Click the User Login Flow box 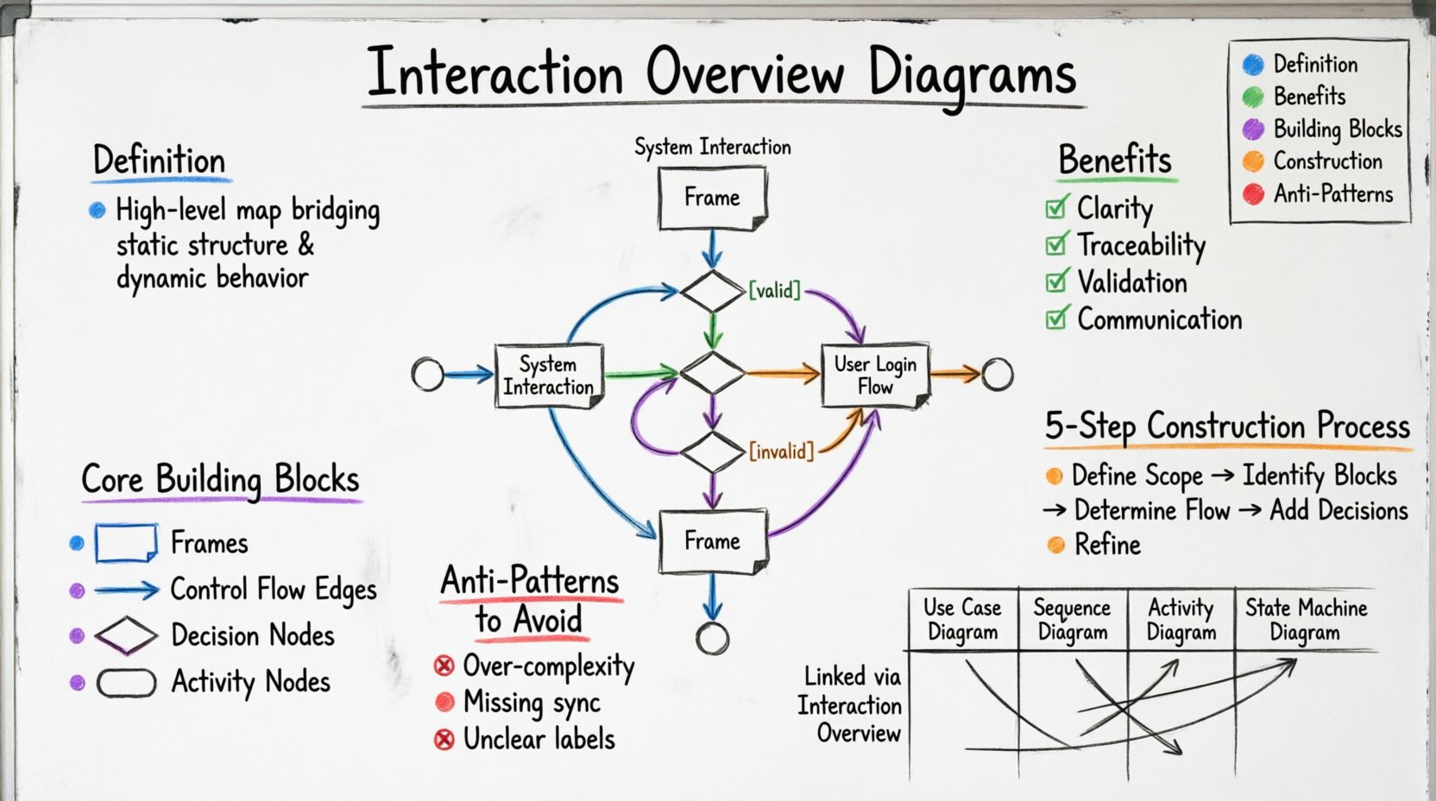pyautogui.click(x=875, y=375)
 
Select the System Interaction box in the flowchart pyautogui.click(x=549, y=375)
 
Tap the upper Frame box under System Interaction pyautogui.click(x=712, y=198)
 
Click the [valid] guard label pyautogui.click(x=774, y=290)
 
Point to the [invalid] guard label pyautogui.click(x=781, y=451)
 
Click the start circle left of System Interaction pyautogui.click(x=427, y=375)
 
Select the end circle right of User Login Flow pyautogui.click(x=997, y=374)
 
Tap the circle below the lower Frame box pyautogui.click(x=712, y=639)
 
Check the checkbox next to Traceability pyautogui.click(x=1055, y=245)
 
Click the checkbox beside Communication pyautogui.click(x=1055, y=319)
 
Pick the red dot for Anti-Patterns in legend pyautogui.click(x=1253, y=193)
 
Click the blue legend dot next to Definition pyautogui.click(x=1253, y=64)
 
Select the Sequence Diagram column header pyautogui.click(x=1073, y=620)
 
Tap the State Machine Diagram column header pyautogui.click(x=1305, y=620)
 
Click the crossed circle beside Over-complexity pyautogui.click(x=444, y=665)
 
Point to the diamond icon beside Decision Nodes pyautogui.click(x=126, y=635)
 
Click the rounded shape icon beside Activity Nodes pyautogui.click(x=126, y=683)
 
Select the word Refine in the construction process pyautogui.click(x=1107, y=545)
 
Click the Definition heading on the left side pyautogui.click(x=160, y=161)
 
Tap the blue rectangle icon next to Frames pyautogui.click(x=126, y=543)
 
